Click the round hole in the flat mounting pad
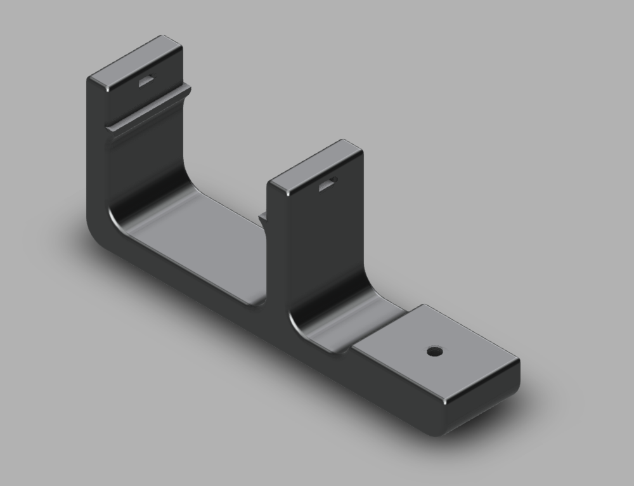click(434, 351)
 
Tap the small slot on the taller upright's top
click(146, 80)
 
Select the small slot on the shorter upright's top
click(327, 183)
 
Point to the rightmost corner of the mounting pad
click(518, 360)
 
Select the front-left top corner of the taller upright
click(91, 77)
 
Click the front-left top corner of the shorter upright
click(271, 184)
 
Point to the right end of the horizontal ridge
click(188, 89)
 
